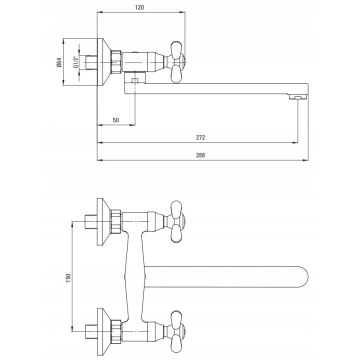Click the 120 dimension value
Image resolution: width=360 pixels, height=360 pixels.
pyautogui.click(x=139, y=7)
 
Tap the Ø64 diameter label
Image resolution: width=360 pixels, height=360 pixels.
pyautogui.click(x=59, y=62)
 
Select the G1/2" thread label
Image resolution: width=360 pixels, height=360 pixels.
pyautogui.click(x=76, y=62)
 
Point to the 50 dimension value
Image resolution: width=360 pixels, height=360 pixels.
pyautogui.click(x=115, y=120)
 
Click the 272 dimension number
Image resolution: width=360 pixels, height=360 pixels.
pyautogui.click(x=200, y=137)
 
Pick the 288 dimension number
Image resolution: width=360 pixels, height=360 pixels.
pyautogui.click(x=200, y=155)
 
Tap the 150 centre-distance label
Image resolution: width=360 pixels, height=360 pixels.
pyautogui.click(x=68, y=278)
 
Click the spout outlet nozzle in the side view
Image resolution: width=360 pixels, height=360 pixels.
pyautogui.click(x=298, y=97)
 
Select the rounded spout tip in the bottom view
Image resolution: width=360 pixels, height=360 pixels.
pyautogui.click(x=302, y=277)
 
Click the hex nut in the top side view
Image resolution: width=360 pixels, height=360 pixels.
pyautogui.click(x=116, y=62)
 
